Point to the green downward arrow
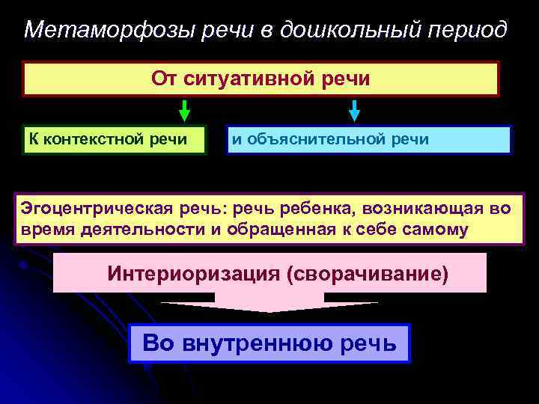point(184,110)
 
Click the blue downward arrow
point(355,110)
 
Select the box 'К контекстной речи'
point(114,139)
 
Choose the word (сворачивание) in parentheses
point(368,273)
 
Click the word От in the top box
point(164,79)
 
